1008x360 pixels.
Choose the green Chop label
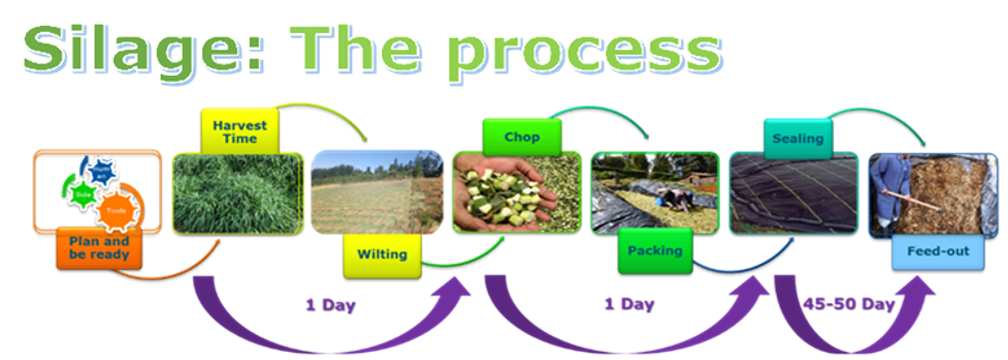[522, 136]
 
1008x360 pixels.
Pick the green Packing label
[655, 250]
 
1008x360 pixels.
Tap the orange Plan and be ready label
[99, 248]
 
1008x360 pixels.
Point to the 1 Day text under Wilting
[330, 304]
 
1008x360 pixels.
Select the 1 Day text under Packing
[628, 303]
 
